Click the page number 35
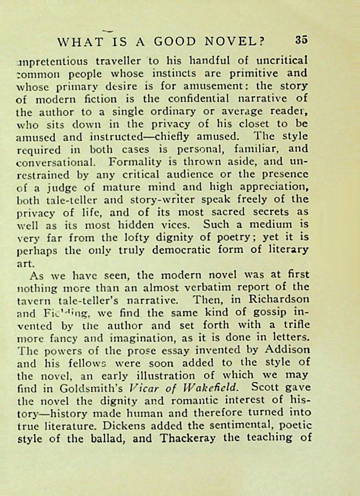tap(301, 40)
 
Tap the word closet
tap(252, 124)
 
